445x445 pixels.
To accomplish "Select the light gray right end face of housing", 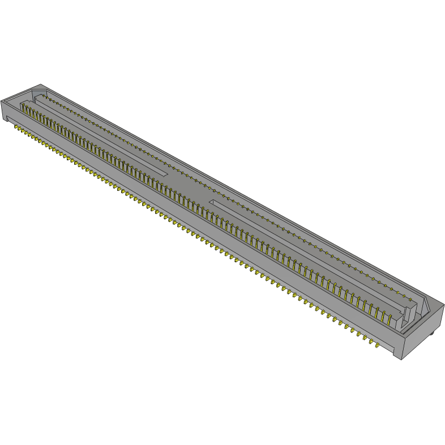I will pos(421,334).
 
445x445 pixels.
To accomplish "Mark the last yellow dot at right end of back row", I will pos(409,297).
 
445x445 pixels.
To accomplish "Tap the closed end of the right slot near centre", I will pos(212,202).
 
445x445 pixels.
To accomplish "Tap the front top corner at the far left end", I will pos(2,100).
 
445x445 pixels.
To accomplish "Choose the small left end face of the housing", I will pos(4,110).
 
